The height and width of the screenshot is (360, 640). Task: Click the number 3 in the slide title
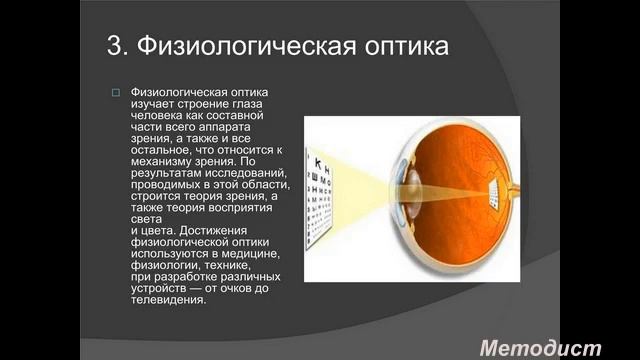click(114, 47)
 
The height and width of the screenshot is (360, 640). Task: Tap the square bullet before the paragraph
click(115, 93)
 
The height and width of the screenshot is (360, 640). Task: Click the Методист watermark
click(540, 347)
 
